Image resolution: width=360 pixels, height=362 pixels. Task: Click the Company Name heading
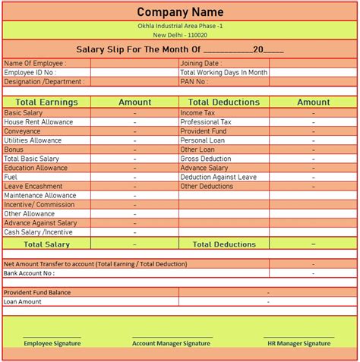pos(180,11)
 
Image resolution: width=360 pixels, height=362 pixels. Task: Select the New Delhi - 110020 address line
pos(180,35)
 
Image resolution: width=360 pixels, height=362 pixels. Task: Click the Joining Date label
pos(201,63)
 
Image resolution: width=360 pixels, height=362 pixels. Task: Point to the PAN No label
pos(194,81)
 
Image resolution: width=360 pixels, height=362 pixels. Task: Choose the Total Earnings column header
pos(46,102)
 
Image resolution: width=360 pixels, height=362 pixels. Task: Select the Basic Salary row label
pos(24,112)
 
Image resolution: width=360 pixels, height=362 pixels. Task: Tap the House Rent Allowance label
pos(38,121)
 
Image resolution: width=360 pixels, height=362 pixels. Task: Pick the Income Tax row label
pos(197,112)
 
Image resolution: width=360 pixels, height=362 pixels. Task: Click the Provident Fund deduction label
pos(203,131)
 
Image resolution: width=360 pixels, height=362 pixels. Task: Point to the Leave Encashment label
pos(34,186)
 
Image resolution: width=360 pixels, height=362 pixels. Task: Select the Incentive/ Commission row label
pos(39,204)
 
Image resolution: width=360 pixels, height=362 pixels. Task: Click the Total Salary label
pos(46,244)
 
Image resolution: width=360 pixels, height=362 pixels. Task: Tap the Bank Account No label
pos(29,272)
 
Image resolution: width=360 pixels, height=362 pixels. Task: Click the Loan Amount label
pos(23,301)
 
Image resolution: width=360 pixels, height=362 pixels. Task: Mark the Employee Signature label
pos(52,343)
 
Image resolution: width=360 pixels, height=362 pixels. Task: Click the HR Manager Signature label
pos(298,343)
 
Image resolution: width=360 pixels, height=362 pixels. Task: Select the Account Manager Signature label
pos(172,343)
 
